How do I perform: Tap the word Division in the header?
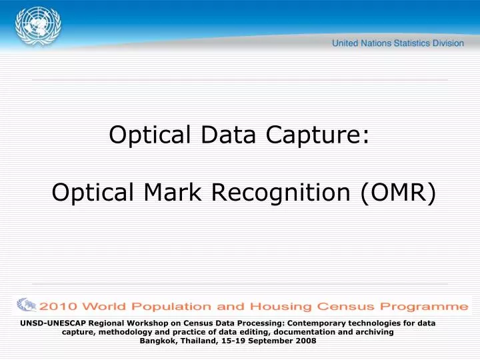pos(448,43)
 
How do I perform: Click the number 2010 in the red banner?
pos(61,307)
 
